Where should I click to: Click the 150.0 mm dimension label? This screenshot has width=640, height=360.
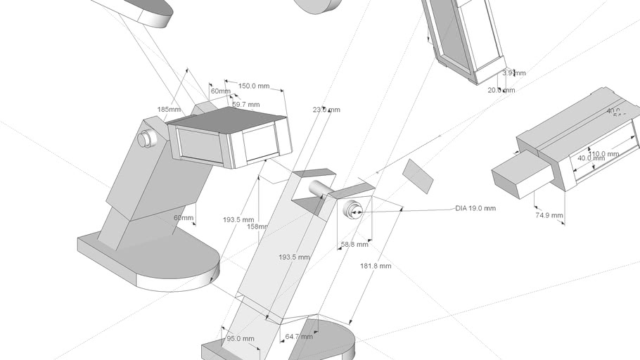254,86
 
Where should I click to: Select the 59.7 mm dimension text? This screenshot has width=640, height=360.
245,105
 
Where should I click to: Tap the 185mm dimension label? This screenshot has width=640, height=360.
169,110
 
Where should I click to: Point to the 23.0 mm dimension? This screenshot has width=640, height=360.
326,110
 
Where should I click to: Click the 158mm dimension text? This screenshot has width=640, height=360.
257,226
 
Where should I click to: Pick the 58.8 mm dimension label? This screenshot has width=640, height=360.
354,245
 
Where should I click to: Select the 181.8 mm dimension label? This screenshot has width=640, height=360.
376,266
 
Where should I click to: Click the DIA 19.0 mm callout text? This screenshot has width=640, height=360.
475,208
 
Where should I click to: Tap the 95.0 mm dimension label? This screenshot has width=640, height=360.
240,338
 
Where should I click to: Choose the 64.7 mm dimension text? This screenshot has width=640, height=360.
298,337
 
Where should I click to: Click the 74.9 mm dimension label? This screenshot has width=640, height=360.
549,215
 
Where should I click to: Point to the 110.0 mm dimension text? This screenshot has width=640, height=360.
603,154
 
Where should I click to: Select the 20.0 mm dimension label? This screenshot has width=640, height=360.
501,90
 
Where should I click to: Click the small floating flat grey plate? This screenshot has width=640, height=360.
418,176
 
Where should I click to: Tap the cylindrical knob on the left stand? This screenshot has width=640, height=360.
146,139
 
